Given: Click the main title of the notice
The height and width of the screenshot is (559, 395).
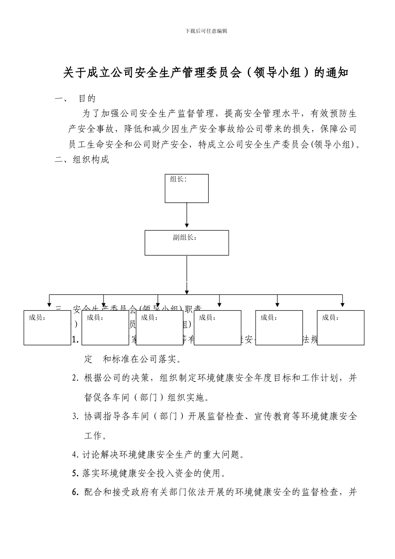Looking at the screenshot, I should click(x=206, y=73).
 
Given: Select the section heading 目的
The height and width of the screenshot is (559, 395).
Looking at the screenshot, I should click(x=87, y=99).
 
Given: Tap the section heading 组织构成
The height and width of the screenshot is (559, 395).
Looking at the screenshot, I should click(x=91, y=160).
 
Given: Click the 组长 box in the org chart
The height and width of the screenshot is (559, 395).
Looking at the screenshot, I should click(x=187, y=188).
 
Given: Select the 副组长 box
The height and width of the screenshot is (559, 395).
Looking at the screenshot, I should click(x=187, y=243).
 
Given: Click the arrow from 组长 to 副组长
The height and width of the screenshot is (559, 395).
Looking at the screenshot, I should click(x=187, y=216).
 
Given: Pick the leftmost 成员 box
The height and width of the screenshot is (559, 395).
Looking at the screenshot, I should click(x=47, y=328).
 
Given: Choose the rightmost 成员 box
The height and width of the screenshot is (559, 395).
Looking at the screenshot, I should click(x=341, y=328).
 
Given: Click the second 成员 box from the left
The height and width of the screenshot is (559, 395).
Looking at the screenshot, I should click(x=106, y=328).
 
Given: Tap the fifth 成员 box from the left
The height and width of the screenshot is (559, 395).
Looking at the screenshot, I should click(x=279, y=328).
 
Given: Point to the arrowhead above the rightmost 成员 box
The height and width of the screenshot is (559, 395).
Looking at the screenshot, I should click(x=342, y=304).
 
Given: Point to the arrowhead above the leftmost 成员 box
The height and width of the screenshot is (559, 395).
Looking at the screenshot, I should click(x=49, y=304).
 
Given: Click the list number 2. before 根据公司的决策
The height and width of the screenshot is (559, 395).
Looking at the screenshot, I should click(x=75, y=378).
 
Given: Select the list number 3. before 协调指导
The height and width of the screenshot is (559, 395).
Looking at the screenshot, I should click(x=75, y=416).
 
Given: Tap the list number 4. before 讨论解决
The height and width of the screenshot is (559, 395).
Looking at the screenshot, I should click(x=75, y=455).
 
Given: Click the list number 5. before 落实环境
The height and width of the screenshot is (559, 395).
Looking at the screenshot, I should click(x=75, y=473).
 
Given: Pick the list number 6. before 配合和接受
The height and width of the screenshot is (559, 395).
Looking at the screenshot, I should click(x=75, y=492).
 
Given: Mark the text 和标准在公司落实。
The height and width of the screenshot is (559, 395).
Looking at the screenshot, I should click(x=142, y=359).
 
